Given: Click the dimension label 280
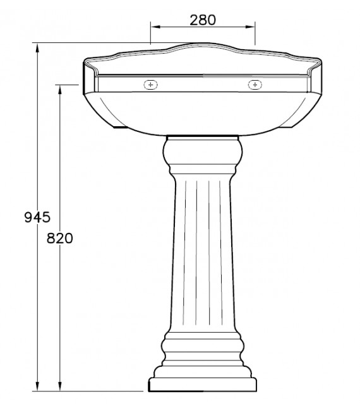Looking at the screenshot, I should point(203,20).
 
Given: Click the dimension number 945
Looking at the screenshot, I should point(37,218).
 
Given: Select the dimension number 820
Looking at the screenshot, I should point(60,238).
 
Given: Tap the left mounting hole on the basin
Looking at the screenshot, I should point(150,85).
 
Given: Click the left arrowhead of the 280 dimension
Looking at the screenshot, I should point(153,27).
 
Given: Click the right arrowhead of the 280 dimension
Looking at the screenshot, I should point(252,27).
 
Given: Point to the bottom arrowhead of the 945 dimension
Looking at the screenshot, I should point(38,386).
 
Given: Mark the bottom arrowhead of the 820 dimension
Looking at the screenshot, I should point(60,386).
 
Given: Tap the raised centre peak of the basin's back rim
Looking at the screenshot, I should point(203,45).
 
